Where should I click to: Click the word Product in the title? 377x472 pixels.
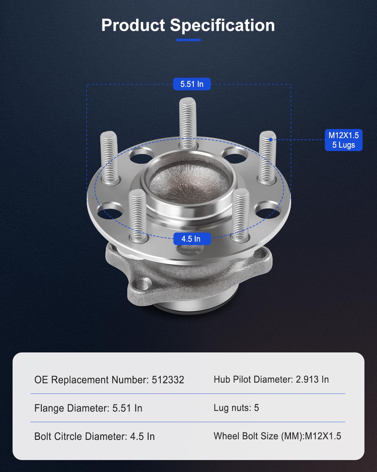coord(133,25)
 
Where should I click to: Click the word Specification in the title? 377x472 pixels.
coord(222,25)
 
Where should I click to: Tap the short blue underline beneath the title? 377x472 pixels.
coord(188,40)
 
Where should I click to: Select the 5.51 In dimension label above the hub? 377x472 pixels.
coord(192,84)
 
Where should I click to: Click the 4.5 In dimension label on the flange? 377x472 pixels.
coord(191,239)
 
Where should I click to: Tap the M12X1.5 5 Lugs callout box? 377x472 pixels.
coord(343,140)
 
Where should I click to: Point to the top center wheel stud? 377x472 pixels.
coord(188,123)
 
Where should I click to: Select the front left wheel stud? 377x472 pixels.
coord(137,215)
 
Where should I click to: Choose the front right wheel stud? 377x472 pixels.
coord(241,215)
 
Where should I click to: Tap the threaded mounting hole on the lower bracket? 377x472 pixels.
coord(144,284)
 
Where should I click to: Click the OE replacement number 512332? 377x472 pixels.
coord(168,380)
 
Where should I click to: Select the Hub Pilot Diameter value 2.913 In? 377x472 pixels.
coord(312,379)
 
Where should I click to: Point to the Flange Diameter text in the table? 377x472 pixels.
coord(72,408)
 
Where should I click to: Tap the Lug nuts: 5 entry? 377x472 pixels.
coord(236,408)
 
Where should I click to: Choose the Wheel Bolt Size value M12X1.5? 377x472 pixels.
coord(323,436)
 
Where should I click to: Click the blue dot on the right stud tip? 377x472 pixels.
coord(270,139)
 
